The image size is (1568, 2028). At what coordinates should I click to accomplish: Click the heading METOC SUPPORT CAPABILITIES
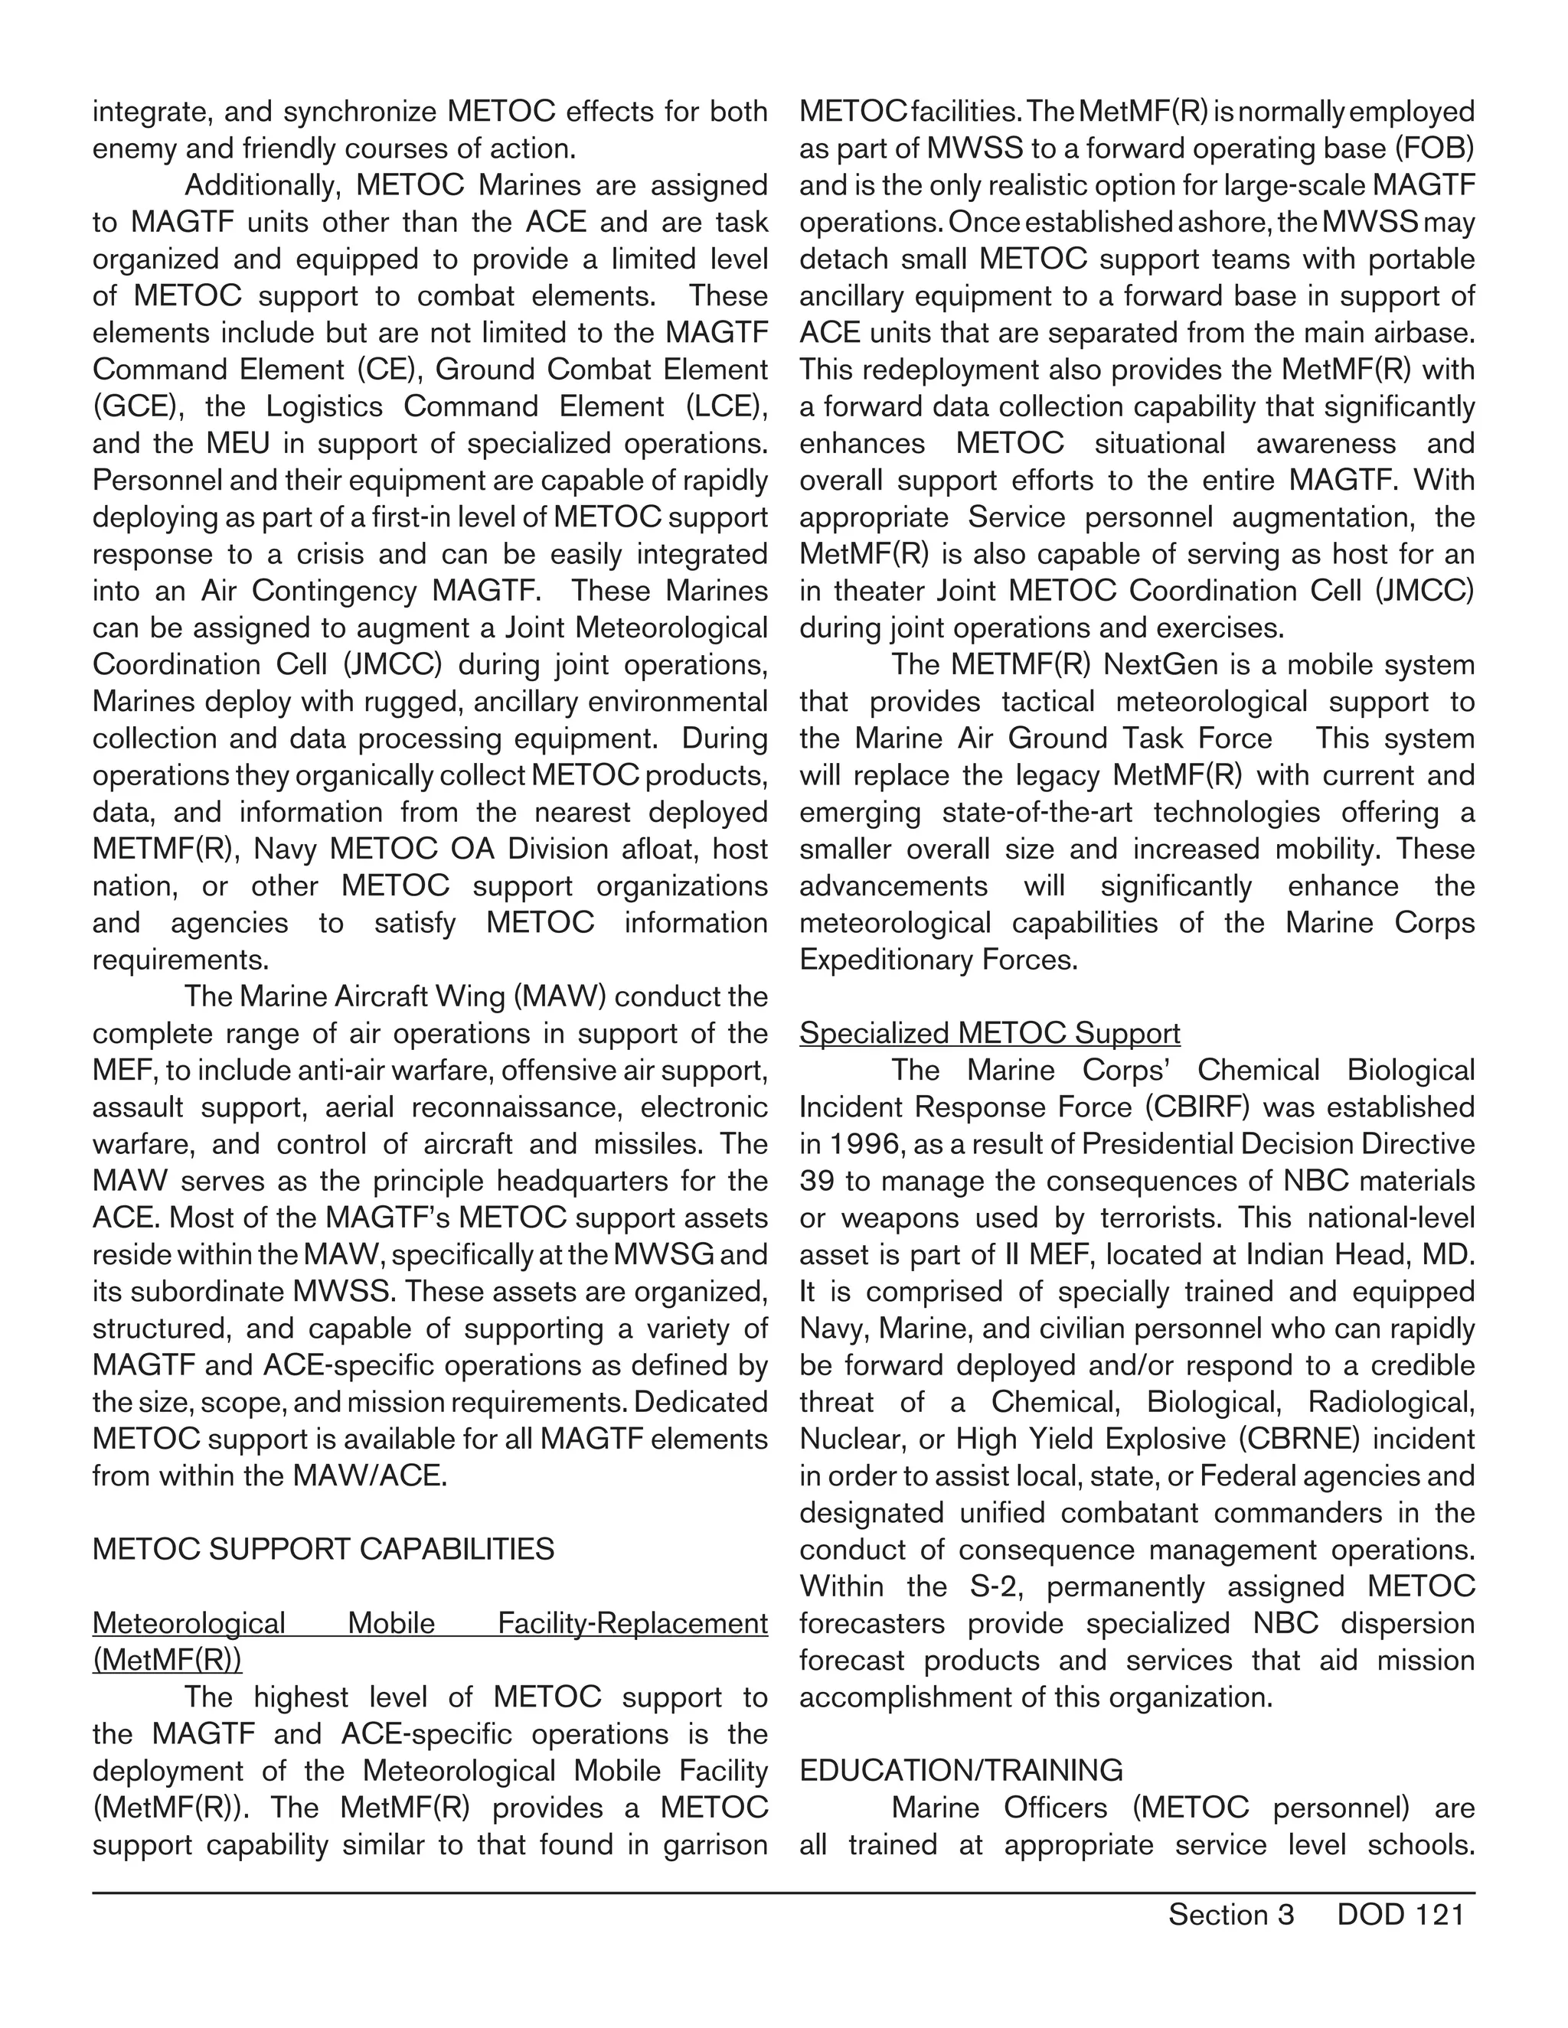click(322, 1549)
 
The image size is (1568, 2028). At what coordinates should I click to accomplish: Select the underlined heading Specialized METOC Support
click(989, 1032)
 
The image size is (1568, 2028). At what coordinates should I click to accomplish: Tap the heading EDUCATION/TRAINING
click(961, 1770)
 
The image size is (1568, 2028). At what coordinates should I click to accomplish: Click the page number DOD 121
click(1400, 1914)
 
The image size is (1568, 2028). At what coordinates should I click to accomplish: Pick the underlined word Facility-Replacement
click(632, 1622)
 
